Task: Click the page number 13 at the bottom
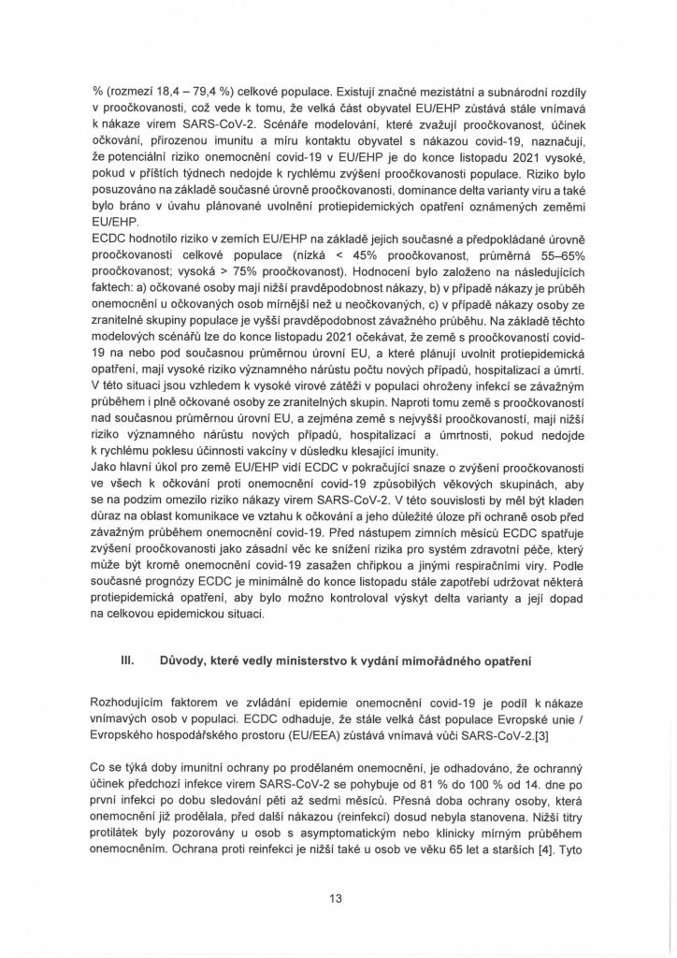click(x=337, y=898)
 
